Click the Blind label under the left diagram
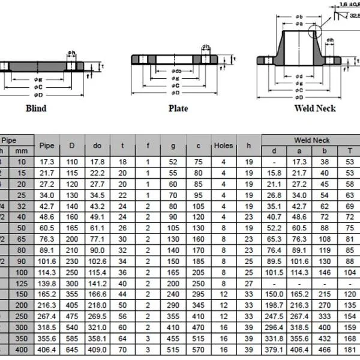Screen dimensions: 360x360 point(35,109)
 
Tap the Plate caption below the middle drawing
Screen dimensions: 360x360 point(178,109)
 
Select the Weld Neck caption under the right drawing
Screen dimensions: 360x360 point(315,109)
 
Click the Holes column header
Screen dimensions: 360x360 point(223,146)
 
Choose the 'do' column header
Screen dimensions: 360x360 point(97,146)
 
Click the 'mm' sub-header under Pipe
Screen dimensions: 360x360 point(22,151)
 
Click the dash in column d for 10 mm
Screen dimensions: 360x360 point(274,162)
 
